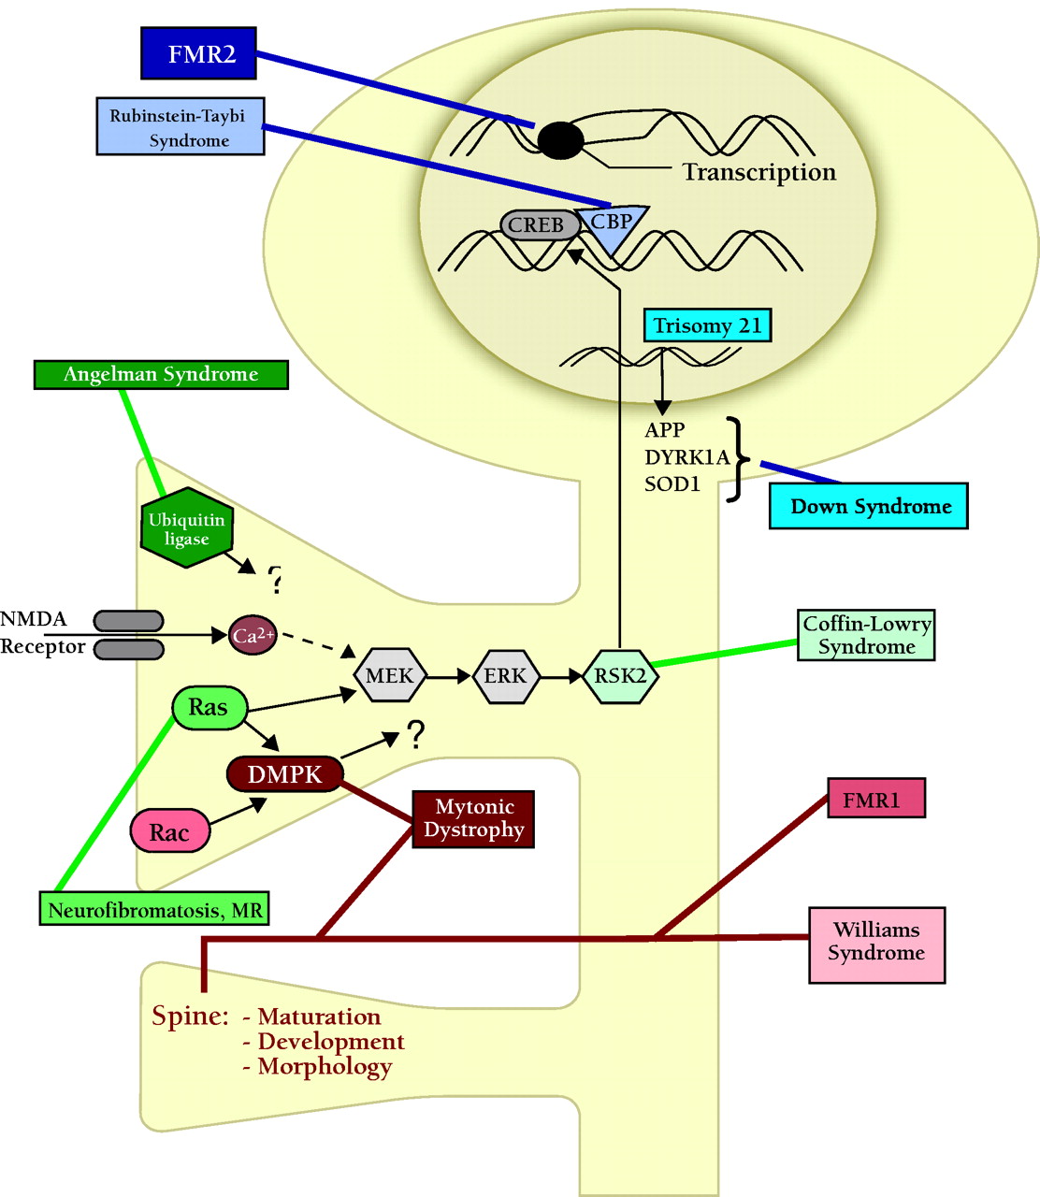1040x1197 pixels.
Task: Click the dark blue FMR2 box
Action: pos(198,53)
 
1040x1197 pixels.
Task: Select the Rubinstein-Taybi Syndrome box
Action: pos(180,127)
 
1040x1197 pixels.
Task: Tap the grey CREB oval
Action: pos(538,225)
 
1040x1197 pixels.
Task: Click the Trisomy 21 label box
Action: pos(707,325)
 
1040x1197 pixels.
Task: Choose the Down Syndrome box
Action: pos(868,507)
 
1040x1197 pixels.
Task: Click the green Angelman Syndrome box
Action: pos(161,374)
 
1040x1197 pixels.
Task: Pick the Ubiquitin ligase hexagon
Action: pos(186,528)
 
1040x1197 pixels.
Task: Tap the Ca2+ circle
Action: pos(253,636)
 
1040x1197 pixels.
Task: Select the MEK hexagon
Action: pos(390,675)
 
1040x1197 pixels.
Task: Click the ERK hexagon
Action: pos(505,675)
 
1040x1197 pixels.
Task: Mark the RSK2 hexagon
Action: pos(620,675)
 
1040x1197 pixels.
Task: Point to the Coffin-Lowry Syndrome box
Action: pos(866,635)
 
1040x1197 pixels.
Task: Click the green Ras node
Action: pos(209,708)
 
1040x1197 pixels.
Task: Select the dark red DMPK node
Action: pos(285,774)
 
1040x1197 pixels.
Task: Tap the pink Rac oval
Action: pos(169,832)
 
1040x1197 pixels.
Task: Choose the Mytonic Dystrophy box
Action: pos(473,818)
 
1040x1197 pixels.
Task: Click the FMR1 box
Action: pos(876,799)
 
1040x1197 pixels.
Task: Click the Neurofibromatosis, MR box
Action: pos(154,909)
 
